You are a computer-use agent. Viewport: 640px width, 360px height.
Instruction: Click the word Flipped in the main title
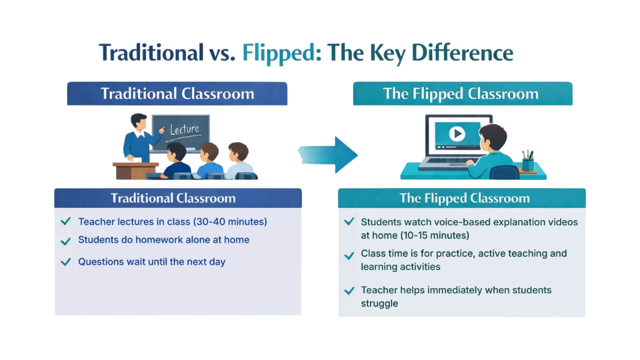click(x=278, y=53)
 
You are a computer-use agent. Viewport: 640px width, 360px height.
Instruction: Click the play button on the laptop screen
click(x=457, y=133)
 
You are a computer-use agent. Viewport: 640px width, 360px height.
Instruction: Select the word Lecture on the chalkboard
click(x=184, y=129)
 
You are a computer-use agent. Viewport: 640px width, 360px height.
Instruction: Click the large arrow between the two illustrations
click(x=328, y=155)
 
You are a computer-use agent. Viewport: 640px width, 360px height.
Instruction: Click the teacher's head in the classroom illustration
click(x=139, y=122)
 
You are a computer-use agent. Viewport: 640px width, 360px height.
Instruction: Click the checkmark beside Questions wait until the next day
click(x=65, y=261)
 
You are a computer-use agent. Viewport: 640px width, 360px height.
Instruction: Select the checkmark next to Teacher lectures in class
click(x=65, y=221)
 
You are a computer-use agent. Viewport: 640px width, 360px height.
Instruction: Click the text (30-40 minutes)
click(x=230, y=221)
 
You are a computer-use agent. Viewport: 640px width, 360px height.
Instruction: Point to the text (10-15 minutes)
click(x=435, y=235)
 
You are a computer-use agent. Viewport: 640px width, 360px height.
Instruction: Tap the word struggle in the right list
click(x=379, y=303)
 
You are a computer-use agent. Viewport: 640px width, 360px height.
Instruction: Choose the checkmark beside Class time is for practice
click(x=349, y=255)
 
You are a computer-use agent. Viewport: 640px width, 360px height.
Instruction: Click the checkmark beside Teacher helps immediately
click(x=349, y=291)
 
